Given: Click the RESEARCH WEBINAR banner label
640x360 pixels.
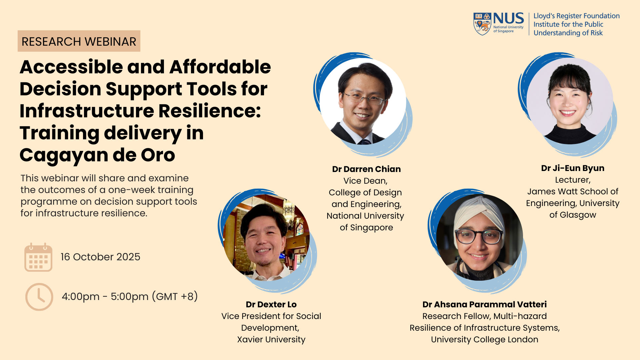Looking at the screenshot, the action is click(79, 41).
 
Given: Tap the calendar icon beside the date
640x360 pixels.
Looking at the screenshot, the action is click(38, 257).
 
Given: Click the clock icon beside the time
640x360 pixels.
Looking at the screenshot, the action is click(39, 297).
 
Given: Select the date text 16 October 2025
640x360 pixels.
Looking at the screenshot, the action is click(100, 257).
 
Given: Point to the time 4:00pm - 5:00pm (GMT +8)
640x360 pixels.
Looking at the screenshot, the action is click(130, 296).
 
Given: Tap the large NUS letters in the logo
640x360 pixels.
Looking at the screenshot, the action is click(508, 18).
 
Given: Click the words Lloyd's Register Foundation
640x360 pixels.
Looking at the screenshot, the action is click(576, 16).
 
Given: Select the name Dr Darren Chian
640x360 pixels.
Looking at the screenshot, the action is click(366, 169).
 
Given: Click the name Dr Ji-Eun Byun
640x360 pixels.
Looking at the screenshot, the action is click(573, 168).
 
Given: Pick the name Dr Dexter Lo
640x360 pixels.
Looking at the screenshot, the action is click(271, 304).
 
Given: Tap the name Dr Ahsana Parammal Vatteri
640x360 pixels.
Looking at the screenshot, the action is click(484, 304).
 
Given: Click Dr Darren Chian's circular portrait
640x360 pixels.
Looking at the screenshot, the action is click(363, 101).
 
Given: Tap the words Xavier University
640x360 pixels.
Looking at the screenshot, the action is click(271, 339).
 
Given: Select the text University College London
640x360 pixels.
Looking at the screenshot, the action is click(484, 339).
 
